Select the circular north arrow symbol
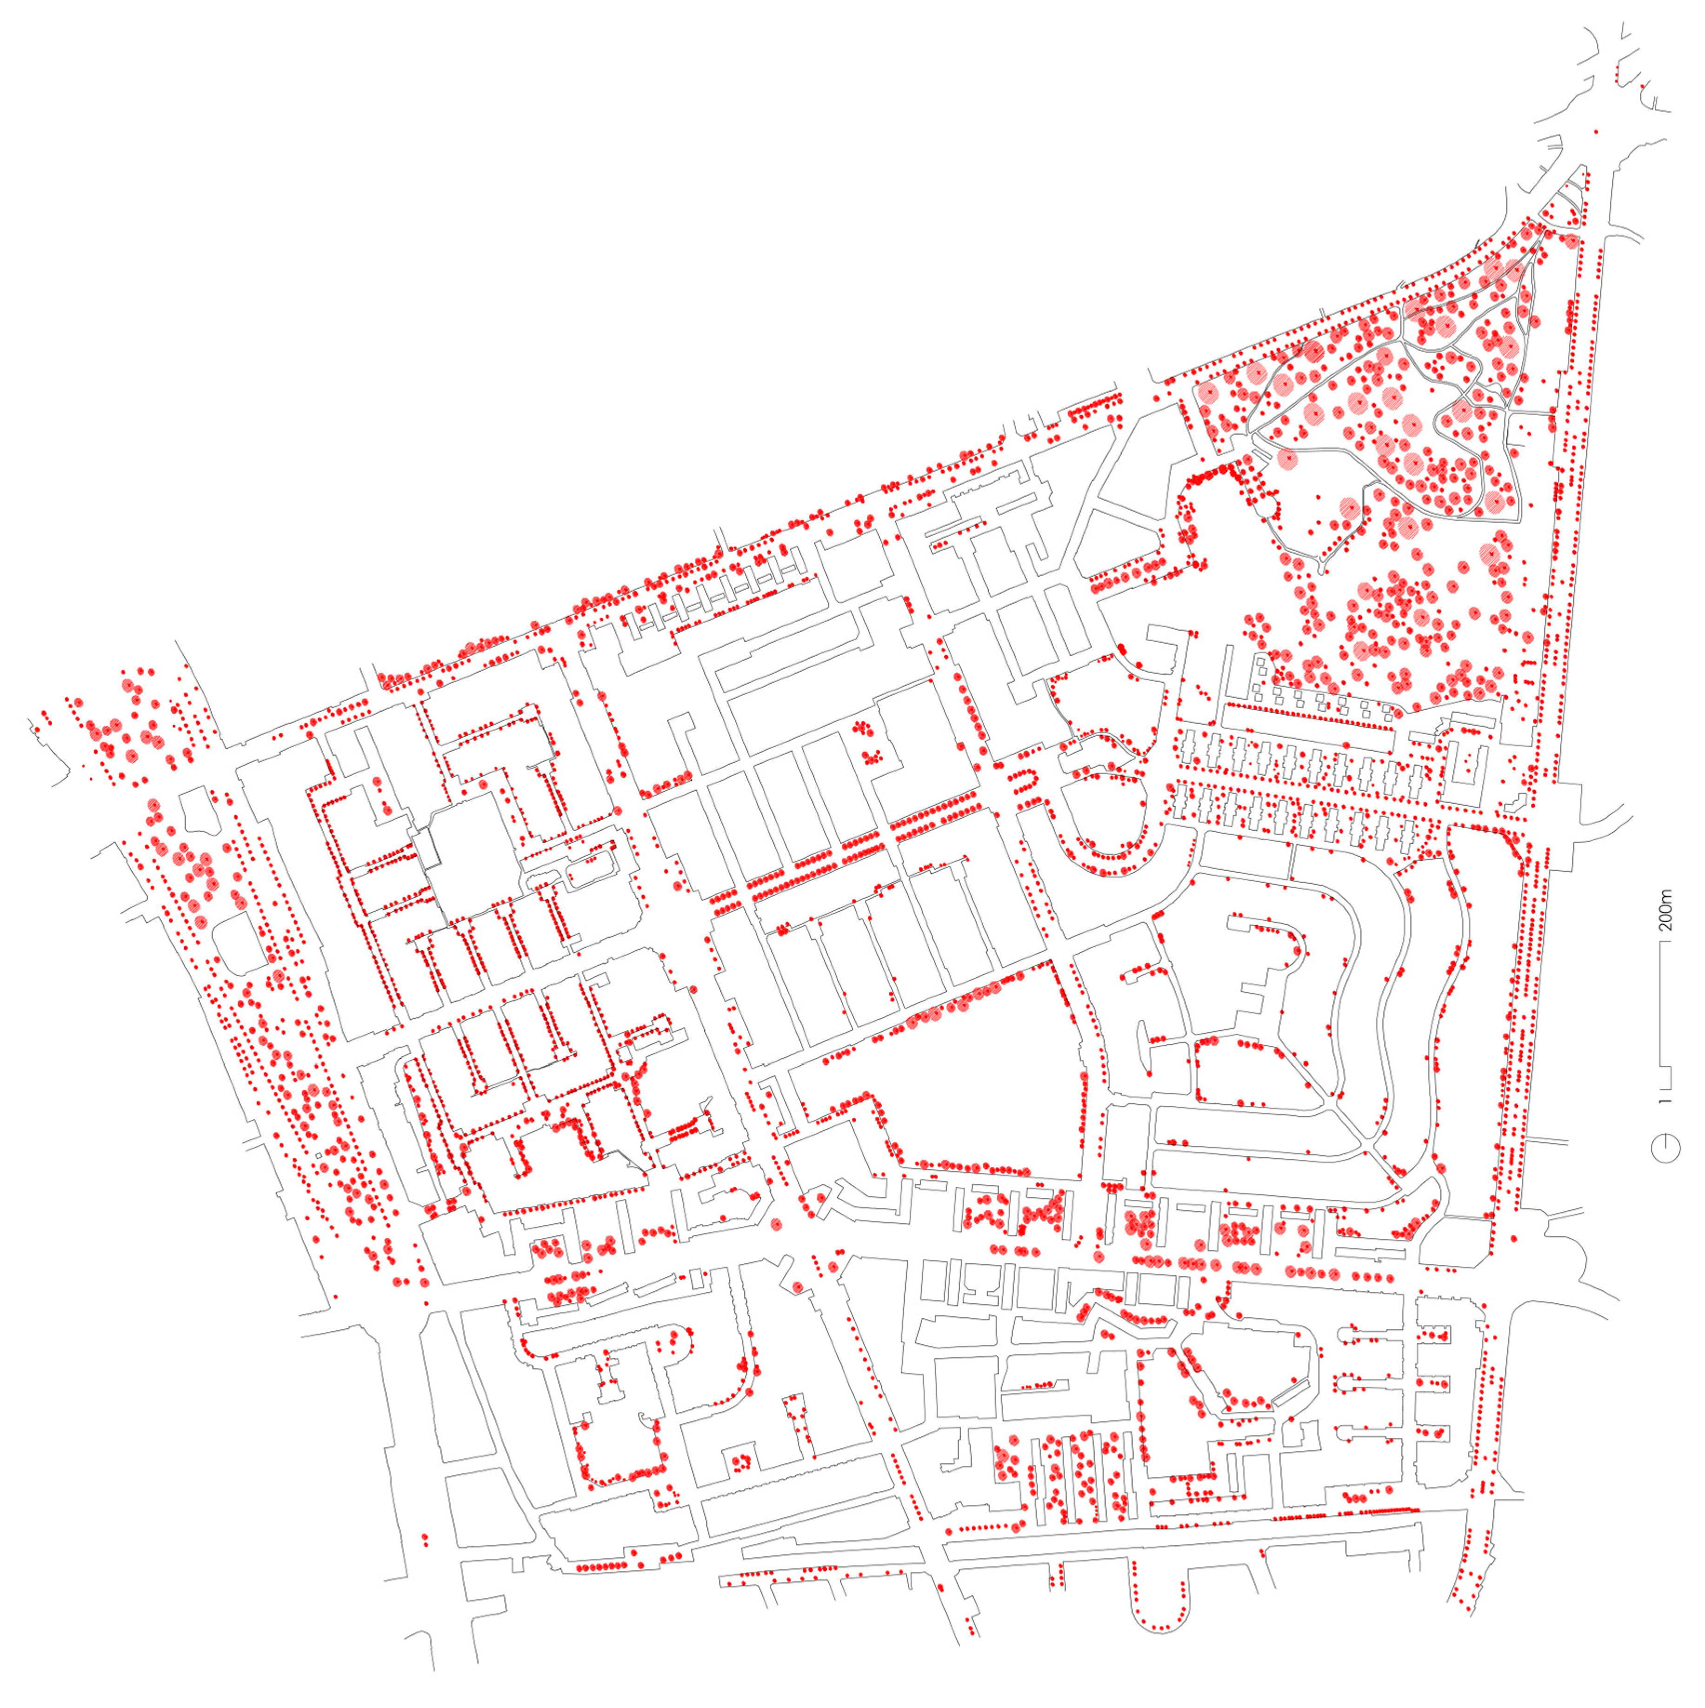pos(1665,1149)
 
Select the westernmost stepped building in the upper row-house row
pos(1194,750)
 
